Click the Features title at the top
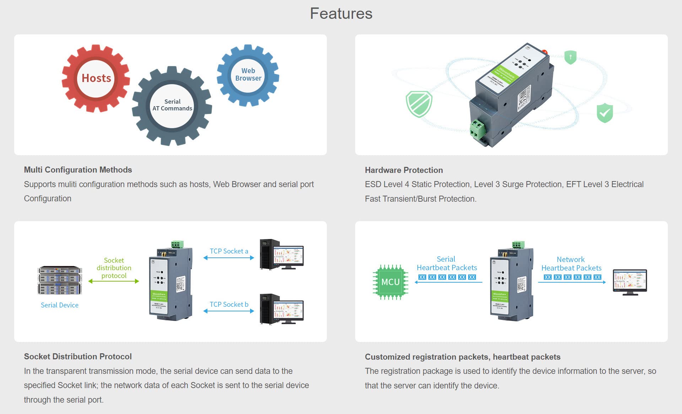341,14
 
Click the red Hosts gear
96,78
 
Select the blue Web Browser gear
248,75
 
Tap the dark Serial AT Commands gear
172,105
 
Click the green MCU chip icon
390,282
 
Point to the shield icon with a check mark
605,113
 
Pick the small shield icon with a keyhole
570,57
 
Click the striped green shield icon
419,104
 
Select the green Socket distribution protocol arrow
114,281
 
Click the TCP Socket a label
229,251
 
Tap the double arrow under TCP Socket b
229,311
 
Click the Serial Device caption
60,305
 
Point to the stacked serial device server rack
60,280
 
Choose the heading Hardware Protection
404,170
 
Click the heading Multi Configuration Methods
78,170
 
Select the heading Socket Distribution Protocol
78,356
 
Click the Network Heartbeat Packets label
571,264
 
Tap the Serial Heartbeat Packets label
446,263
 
